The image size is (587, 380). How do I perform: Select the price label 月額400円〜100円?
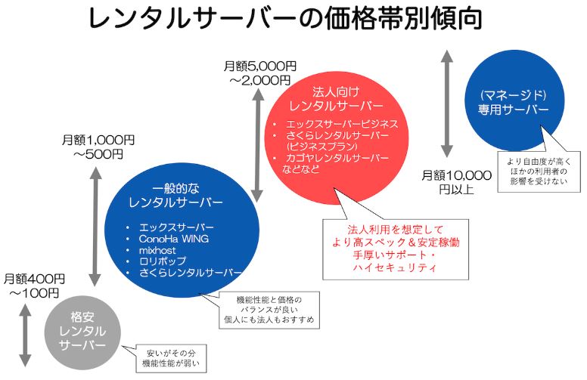pos(34,285)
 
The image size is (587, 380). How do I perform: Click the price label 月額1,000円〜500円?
pos(98,147)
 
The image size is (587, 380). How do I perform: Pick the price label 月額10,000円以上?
pos(456,181)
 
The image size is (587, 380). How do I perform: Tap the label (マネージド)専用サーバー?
pos(513,103)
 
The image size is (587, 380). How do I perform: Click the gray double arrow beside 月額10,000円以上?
pos(447,104)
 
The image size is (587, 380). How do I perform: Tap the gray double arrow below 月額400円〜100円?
pos(24,332)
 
